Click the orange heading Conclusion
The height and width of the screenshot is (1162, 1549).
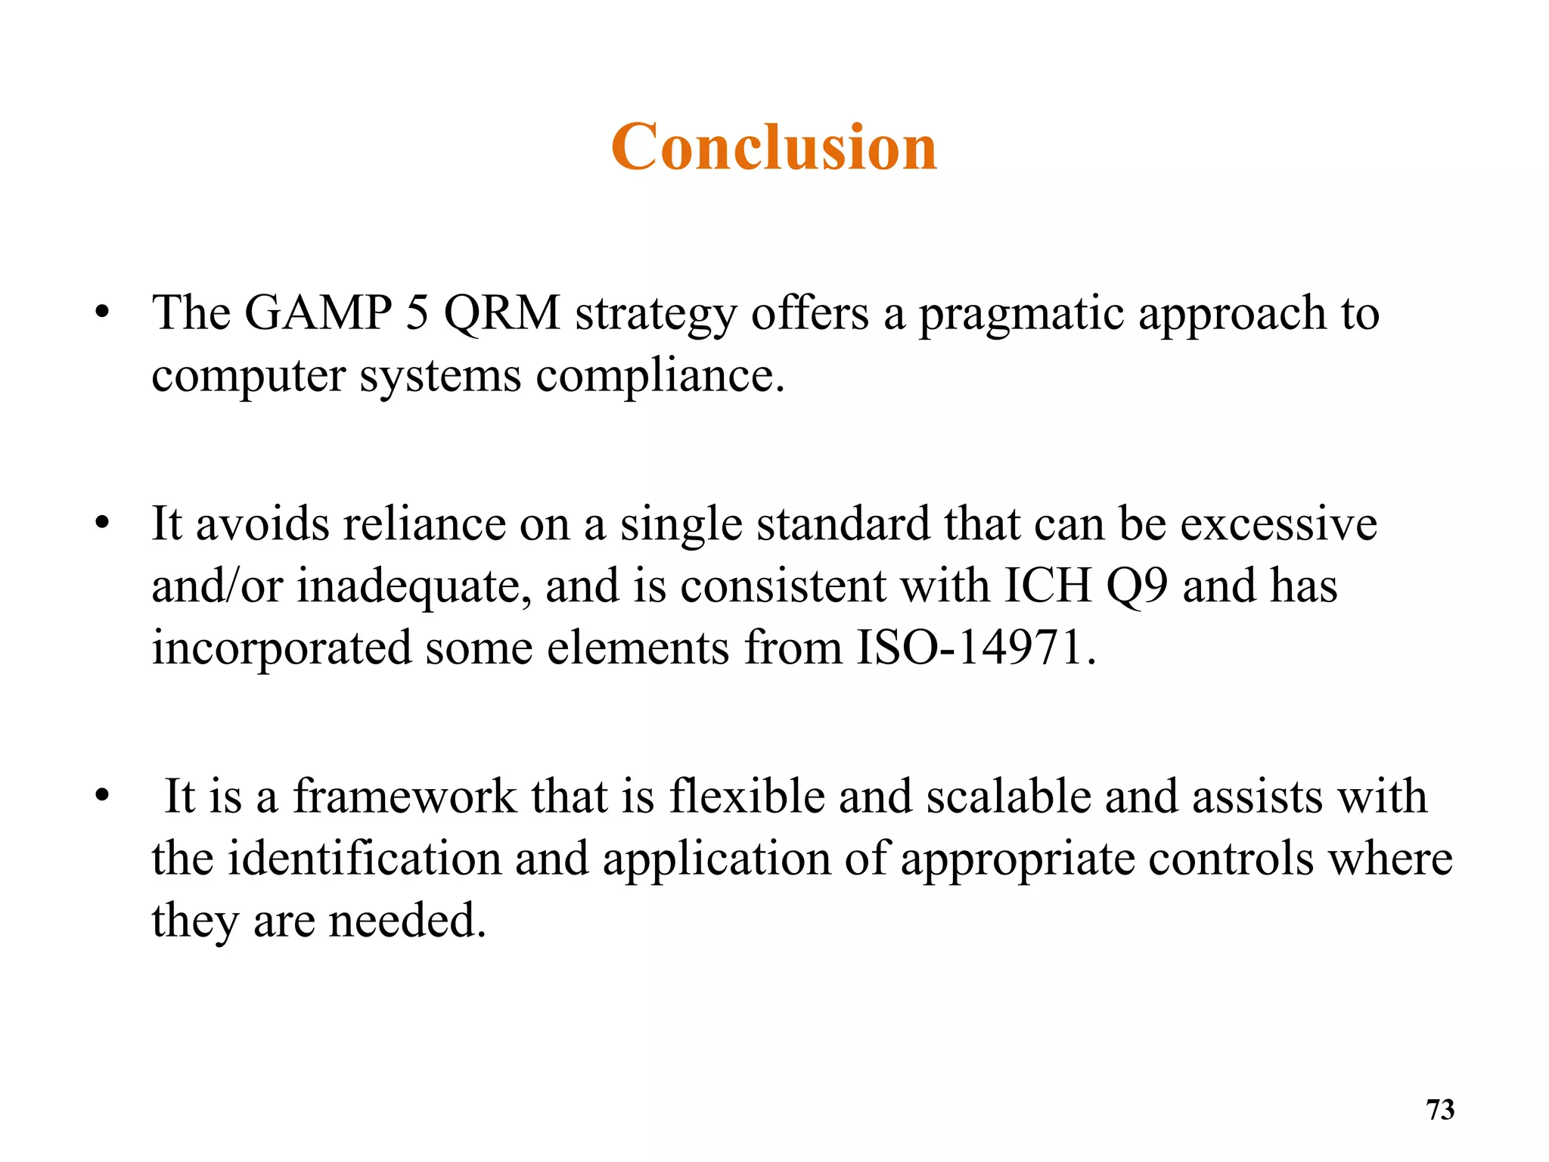774,147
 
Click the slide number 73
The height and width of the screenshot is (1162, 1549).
1440,1110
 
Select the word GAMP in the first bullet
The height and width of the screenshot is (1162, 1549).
318,312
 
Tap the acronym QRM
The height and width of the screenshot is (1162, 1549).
502,314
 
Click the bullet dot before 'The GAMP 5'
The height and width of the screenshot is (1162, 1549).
103,312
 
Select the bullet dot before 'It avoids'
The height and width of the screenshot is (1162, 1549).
103,523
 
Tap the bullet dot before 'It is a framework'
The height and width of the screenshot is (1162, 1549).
103,796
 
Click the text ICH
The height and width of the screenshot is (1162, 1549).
1048,586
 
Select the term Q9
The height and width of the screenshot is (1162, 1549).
1137,587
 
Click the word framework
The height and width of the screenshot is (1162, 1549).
405,797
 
